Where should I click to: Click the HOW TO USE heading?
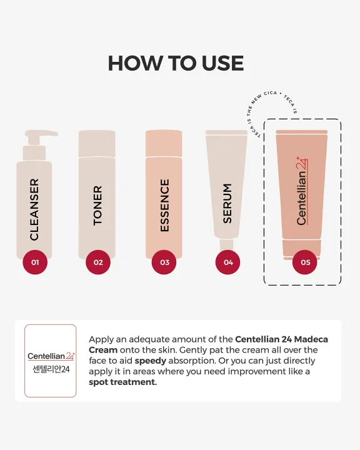coord(176,63)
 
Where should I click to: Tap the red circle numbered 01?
coord(35,262)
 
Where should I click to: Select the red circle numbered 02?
coord(98,262)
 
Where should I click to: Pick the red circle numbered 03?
coord(164,262)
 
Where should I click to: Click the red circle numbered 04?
coord(228,262)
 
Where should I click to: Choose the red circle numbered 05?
coord(305,262)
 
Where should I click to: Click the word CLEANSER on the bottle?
coord(34,209)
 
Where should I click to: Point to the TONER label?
coord(97,206)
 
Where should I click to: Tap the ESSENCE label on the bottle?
coord(164,205)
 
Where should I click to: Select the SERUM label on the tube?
coord(227,203)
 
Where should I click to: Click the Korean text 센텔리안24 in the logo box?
coord(51,369)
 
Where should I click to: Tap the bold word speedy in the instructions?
coord(151,361)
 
